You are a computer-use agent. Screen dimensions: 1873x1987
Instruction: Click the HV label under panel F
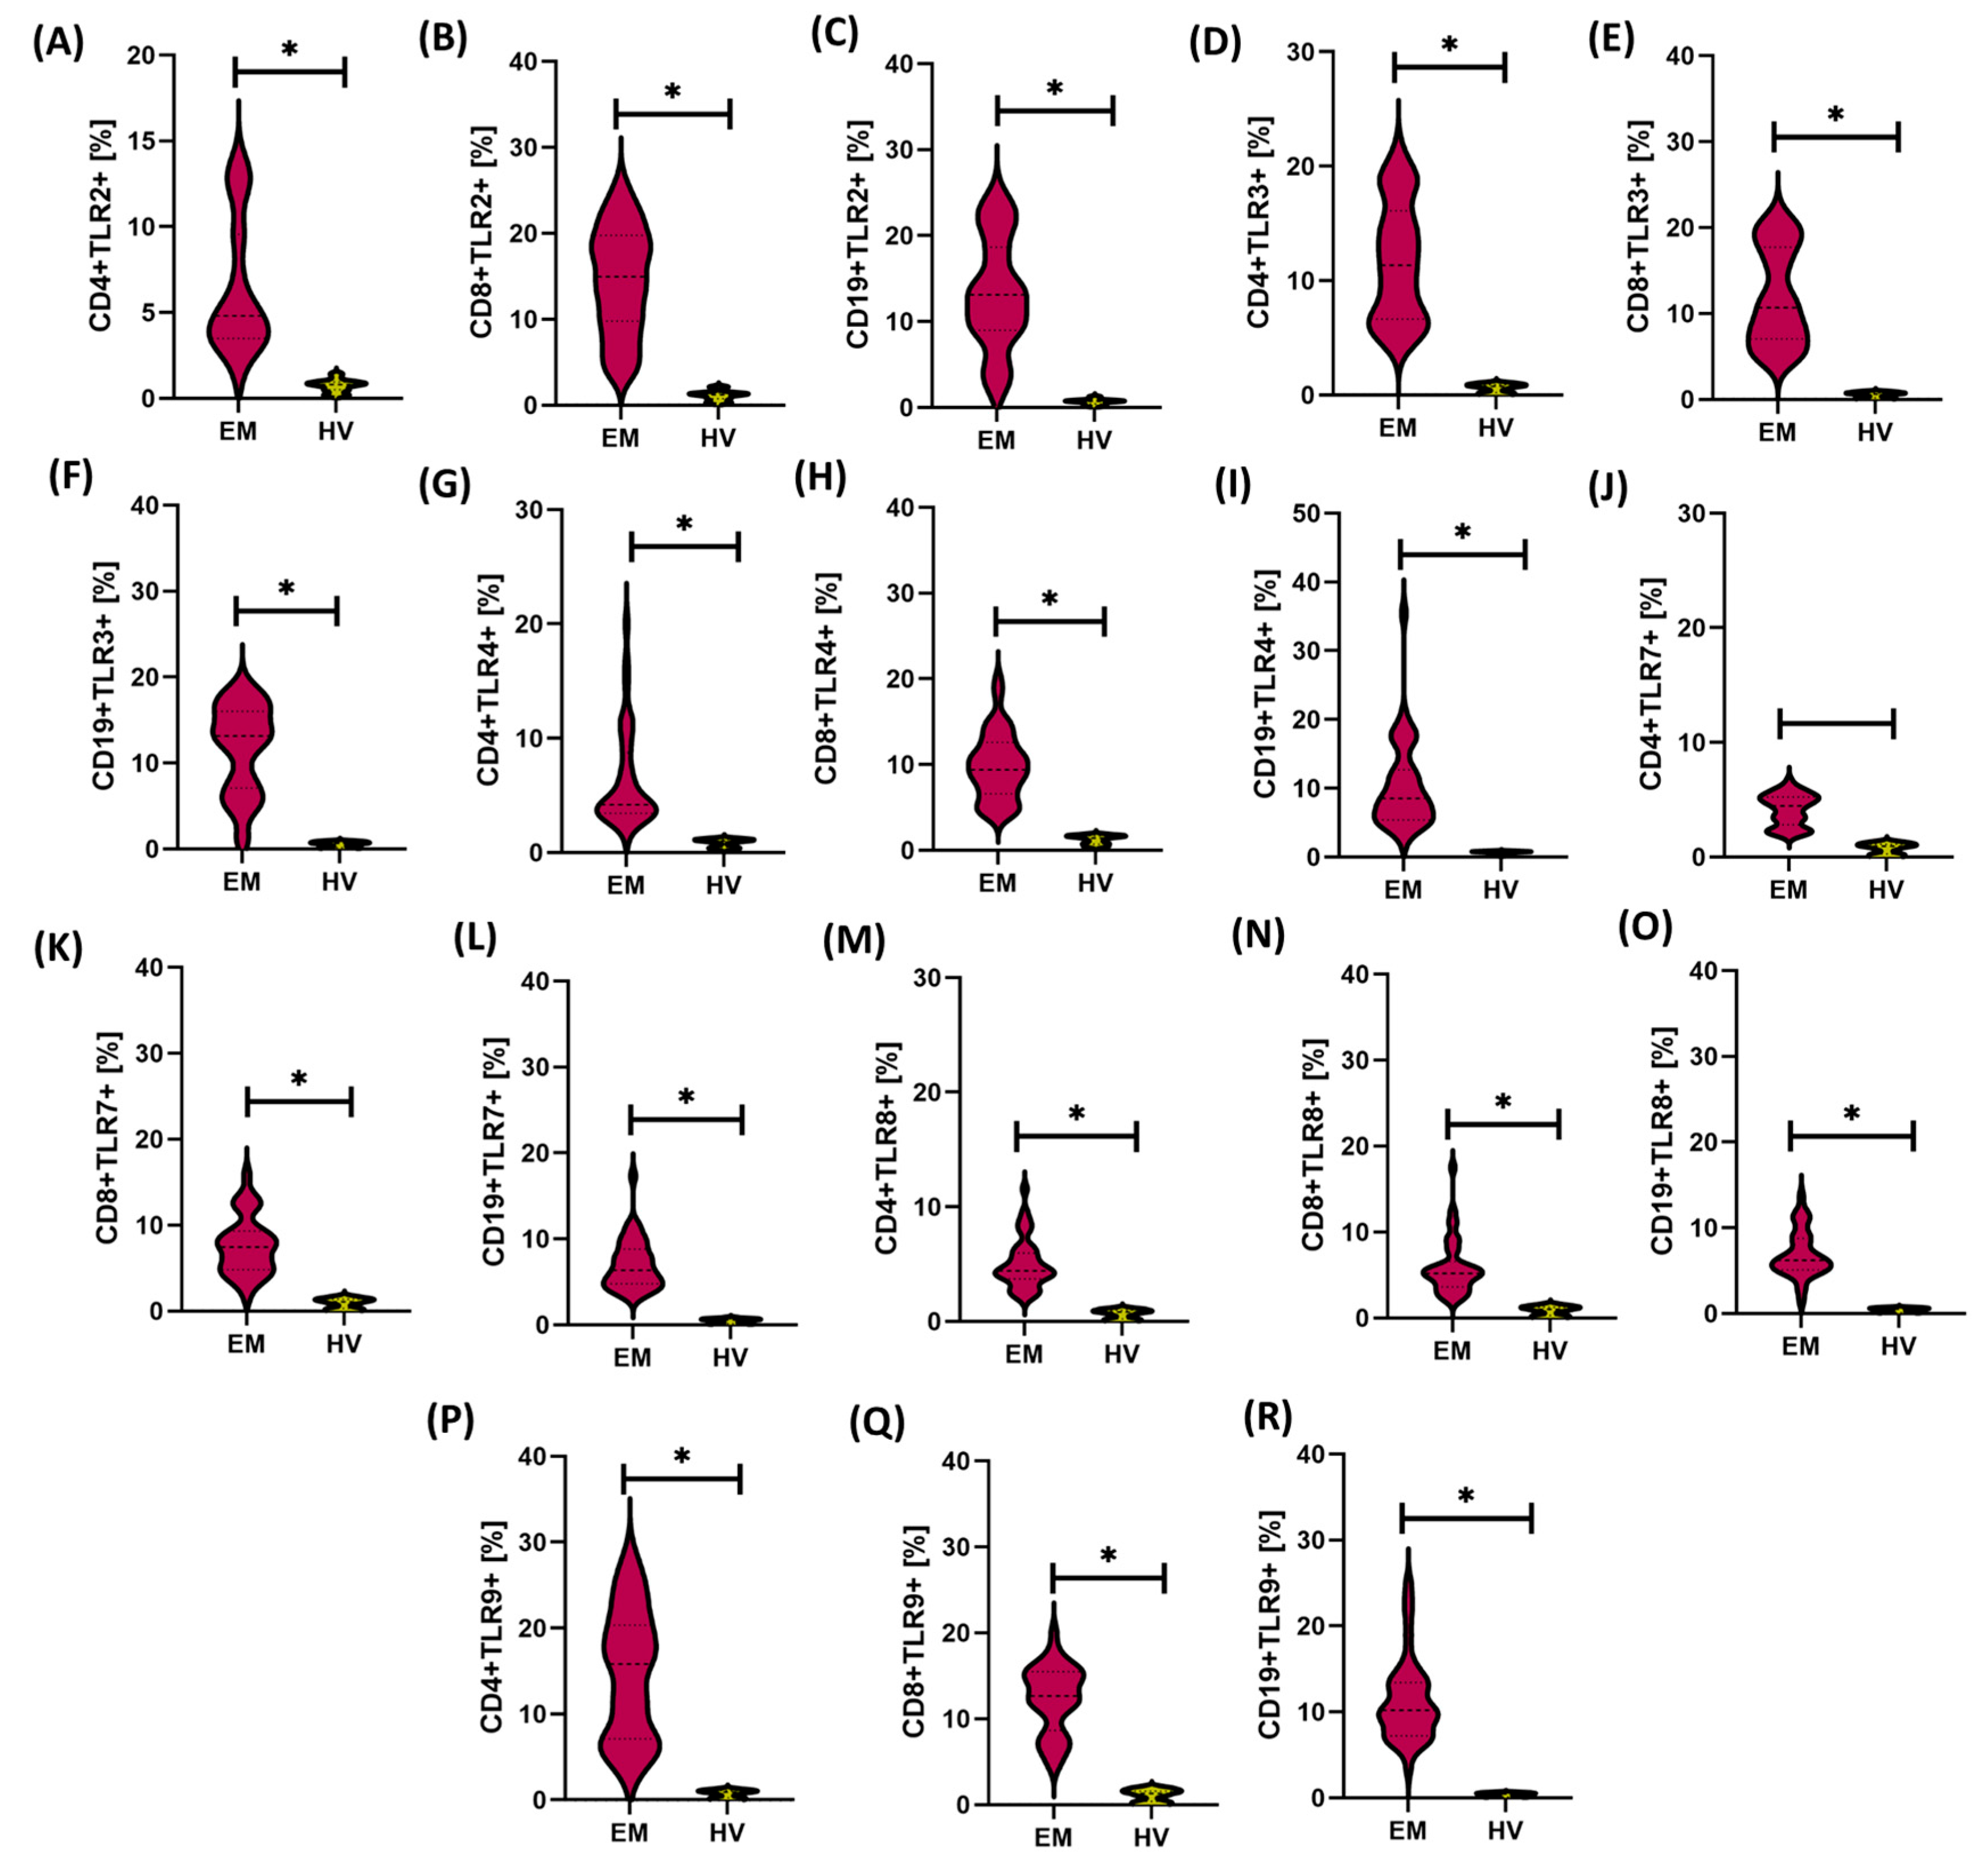[x=339, y=881]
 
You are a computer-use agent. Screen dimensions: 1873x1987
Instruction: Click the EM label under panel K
[x=246, y=1344]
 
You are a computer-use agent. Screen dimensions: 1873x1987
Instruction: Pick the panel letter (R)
[x=1268, y=1416]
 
